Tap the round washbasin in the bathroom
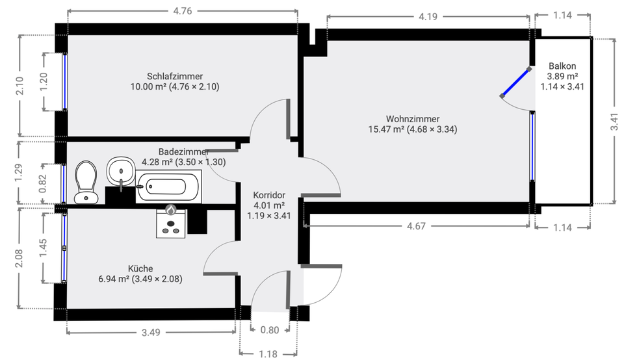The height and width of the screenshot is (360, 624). pyautogui.click(x=120, y=171)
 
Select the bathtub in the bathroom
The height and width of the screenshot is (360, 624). pyautogui.click(x=168, y=187)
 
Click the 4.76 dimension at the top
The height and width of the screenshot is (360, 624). pyautogui.click(x=182, y=11)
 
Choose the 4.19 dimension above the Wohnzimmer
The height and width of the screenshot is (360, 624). pyautogui.click(x=428, y=16)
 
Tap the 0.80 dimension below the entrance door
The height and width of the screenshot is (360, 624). pyautogui.click(x=269, y=330)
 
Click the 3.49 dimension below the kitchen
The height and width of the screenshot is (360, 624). pyautogui.click(x=151, y=332)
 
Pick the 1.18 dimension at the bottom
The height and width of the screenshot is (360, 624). pyautogui.click(x=268, y=354)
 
